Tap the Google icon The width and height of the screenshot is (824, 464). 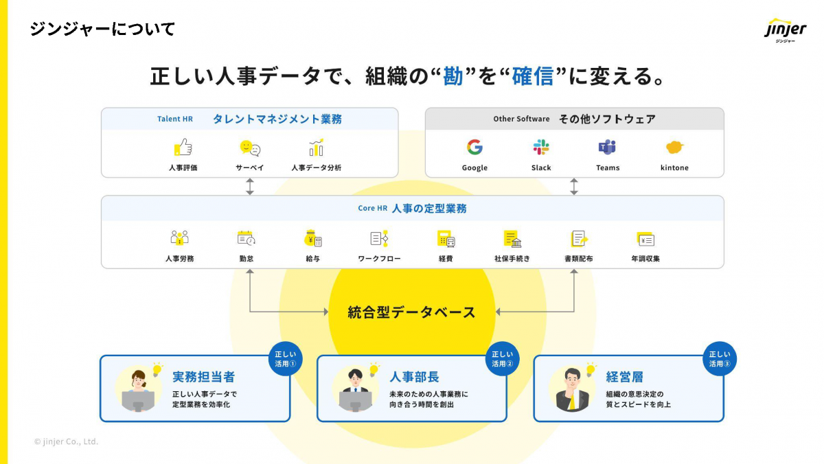click(x=474, y=147)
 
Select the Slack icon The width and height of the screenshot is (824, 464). click(x=541, y=147)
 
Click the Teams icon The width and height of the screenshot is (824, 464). click(x=607, y=147)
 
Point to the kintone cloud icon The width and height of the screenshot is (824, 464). click(x=674, y=147)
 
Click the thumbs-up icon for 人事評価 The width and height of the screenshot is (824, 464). click(x=183, y=147)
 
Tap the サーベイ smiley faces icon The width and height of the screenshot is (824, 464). click(x=250, y=148)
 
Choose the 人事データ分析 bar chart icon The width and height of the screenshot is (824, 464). click(x=316, y=147)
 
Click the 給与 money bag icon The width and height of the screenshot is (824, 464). click(x=313, y=238)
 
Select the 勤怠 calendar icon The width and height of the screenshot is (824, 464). click(x=246, y=238)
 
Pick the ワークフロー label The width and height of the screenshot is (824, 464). click(x=379, y=259)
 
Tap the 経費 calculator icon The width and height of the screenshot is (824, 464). click(x=446, y=238)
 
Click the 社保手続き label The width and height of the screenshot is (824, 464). click(x=512, y=259)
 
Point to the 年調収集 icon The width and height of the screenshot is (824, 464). click(x=645, y=239)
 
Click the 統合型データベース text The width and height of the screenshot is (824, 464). click(x=411, y=312)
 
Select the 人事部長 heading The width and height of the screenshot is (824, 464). click(x=414, y=377)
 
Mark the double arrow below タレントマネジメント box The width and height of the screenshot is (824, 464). click(x=250, y=187)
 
